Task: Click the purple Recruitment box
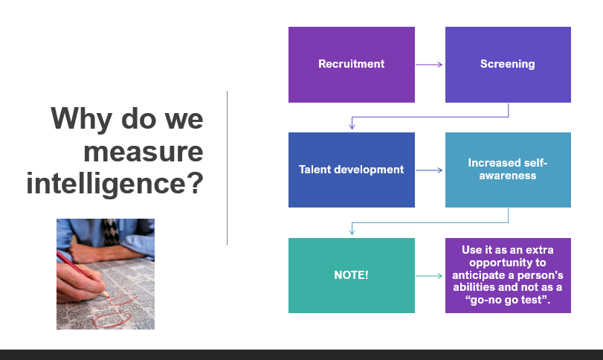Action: [352, 65]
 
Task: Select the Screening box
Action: [508, 65]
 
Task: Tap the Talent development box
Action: [352, 170]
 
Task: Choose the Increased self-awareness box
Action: [508, 170]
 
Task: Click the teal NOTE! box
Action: [352, 275]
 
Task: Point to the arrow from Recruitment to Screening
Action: [429, 65]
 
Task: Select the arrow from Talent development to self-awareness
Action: [429, 170]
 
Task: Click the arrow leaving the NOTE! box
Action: [429, 276]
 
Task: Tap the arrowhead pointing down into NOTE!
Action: [352, 231]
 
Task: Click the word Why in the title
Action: [82, 119]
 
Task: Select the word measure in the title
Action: [144, 152]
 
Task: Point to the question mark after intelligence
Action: [196, 183]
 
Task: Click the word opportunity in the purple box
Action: [508, 263]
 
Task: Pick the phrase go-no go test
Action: [508, 300]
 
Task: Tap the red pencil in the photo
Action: [83, 274]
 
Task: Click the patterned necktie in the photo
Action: [111, 232]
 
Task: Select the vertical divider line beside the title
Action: [228, 168]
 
